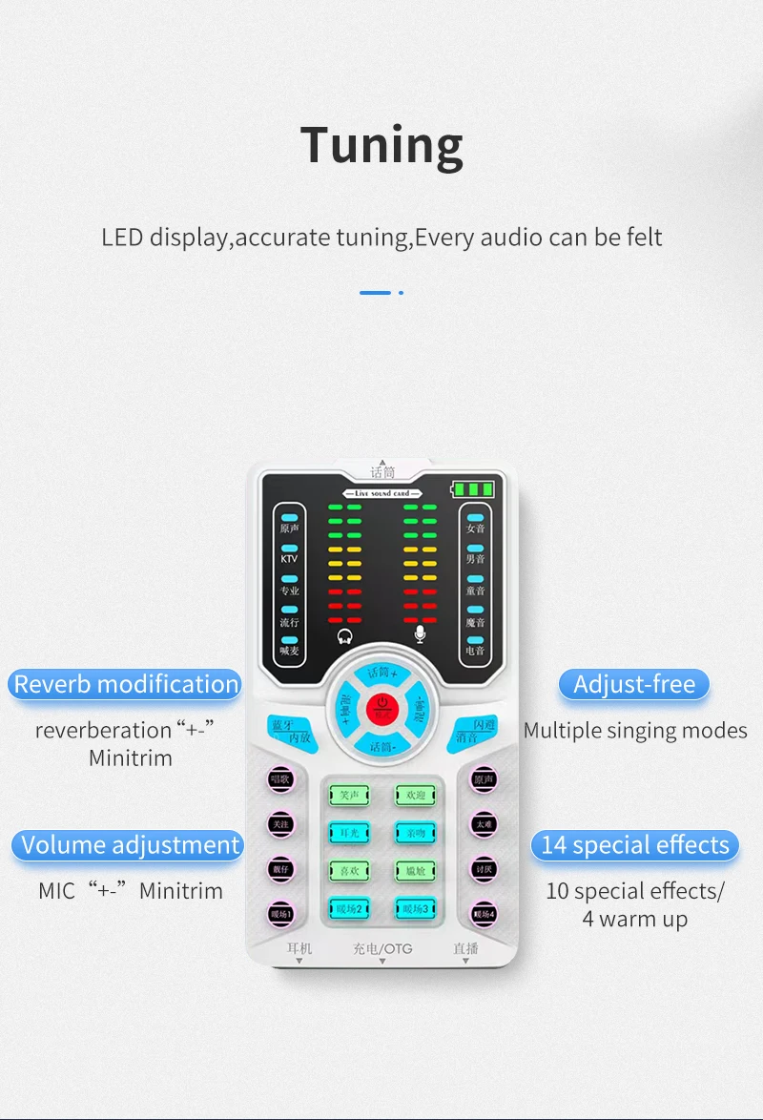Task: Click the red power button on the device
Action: click(381, 707)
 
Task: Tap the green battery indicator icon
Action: click(474, 490)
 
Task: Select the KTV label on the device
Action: click(289, 559)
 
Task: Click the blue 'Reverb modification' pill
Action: click(126, 684)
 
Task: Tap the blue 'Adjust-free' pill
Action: click(634, 684)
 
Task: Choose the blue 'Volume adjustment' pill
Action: click(130, 845)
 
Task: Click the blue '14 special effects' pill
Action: click(634, 845)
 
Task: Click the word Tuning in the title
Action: click(381, 145)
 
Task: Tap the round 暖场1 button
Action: click(279, 914)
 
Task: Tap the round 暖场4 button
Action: click(485, 914)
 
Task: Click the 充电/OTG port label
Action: click(382, 949)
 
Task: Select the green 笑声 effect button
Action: click(348, 795)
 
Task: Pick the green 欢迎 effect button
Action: click(415, 795)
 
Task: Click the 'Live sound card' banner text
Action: click(381, 492)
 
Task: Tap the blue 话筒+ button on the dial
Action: click(381, 673)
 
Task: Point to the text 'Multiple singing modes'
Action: click(635, 731)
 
